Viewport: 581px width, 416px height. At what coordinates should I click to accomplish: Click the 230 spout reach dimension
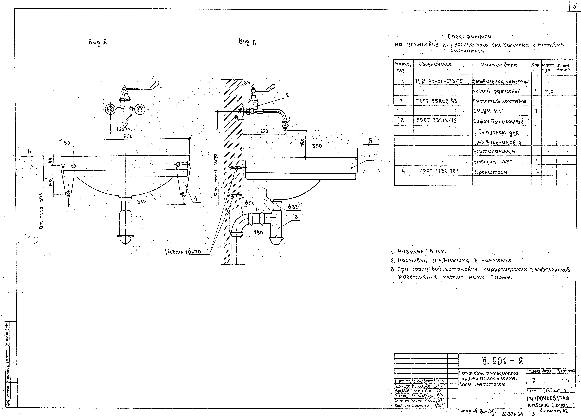coord(264,131)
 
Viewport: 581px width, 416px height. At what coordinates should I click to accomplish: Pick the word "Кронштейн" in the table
coord(491,172)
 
